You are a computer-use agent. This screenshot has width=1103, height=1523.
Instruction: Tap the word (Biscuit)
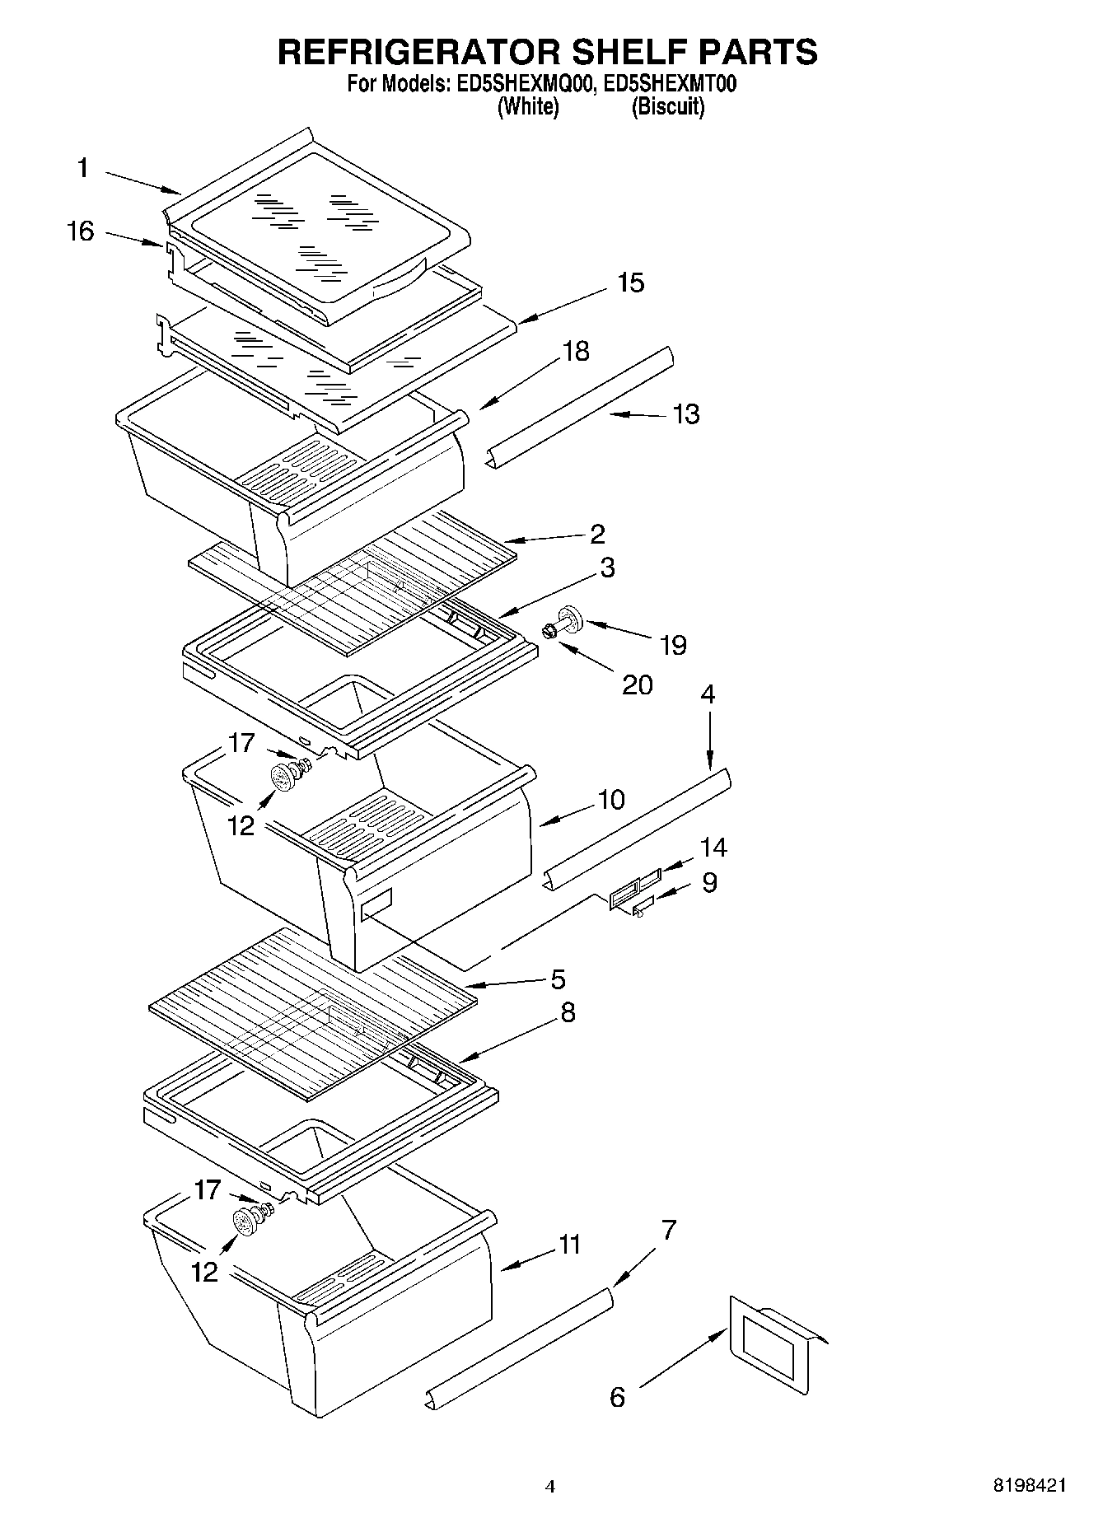(667, 106)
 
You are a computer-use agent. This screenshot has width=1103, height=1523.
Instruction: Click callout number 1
(82, 168)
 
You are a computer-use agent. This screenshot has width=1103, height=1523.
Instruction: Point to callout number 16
(80, 231)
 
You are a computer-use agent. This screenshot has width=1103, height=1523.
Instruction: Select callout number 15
(630, 283)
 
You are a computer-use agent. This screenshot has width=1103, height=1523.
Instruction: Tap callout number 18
(576, 351)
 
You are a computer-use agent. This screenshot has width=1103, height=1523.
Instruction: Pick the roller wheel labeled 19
(568, 617)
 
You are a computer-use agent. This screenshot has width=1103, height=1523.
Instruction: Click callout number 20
(636, 684)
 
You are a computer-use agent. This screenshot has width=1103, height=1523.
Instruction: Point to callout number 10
(610, 799)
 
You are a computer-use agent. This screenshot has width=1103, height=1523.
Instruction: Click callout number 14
(713, 847)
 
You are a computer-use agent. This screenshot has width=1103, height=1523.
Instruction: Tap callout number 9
(708, 883)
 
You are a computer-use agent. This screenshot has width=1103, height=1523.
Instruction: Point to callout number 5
(558, 979)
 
